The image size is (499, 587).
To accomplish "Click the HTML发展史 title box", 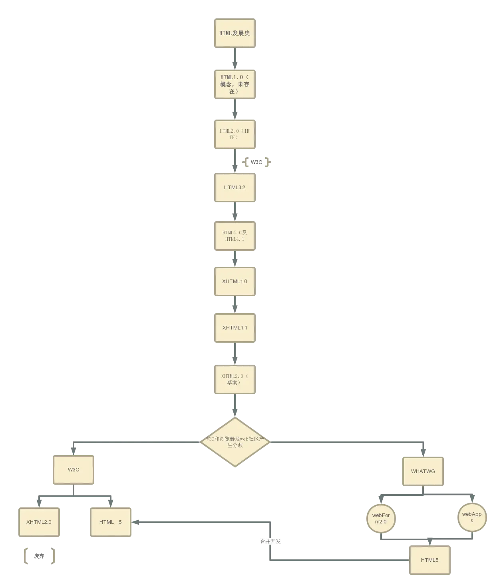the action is coord(235,33).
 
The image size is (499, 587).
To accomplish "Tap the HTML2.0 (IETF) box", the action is coord(235,134).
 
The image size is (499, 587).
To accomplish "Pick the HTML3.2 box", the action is coord(235,188).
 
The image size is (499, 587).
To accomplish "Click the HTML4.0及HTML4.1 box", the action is coord(235,236).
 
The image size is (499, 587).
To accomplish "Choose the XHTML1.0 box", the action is coord(235,282).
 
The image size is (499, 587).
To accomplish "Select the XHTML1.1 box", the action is coord(235,328).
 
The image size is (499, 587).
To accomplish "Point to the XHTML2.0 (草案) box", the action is coord(235,379).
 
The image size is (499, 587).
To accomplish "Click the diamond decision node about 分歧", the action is coord(235,441).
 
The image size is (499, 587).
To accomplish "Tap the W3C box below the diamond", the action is coord(74,470).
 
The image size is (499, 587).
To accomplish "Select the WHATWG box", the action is coord(423,471).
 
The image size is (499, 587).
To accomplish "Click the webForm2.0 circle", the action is coord(381,519).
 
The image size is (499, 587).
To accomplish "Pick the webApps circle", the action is coord(472,517).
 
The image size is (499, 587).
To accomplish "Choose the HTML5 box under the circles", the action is coord(429,560).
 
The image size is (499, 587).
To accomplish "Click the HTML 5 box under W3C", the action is coord(111,522).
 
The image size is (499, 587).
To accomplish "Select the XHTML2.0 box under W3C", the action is coord(38,522).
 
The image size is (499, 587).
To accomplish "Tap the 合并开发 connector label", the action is coord(270,542).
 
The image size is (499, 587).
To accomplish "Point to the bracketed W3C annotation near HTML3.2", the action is coord(256,163).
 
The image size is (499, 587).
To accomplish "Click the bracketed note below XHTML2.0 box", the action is coord(39,557).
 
